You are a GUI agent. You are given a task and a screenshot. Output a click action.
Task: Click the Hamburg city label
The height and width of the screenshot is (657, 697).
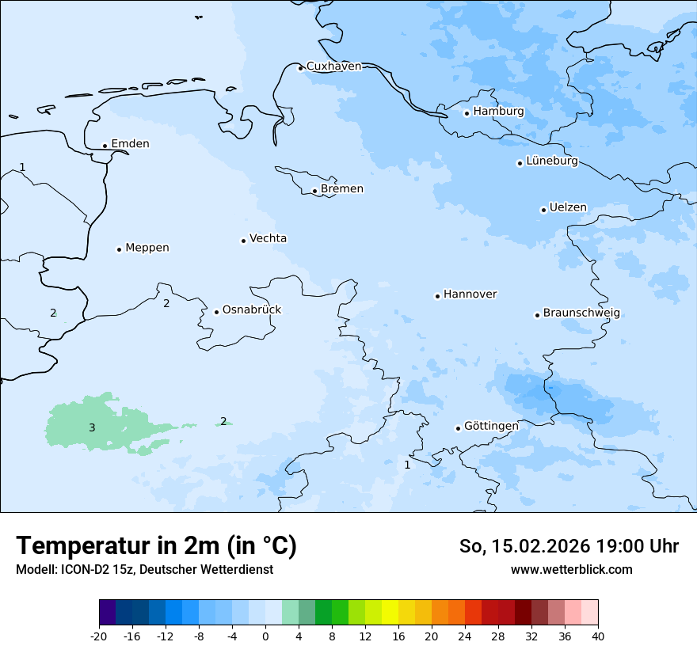coord(498,112)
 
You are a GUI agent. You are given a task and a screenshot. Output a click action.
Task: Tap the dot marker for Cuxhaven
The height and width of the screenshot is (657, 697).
coord(300,68)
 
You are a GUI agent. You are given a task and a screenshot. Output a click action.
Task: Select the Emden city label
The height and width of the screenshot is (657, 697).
coord(130,144)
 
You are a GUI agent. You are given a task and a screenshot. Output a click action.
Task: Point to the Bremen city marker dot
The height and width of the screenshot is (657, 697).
coord(314,191)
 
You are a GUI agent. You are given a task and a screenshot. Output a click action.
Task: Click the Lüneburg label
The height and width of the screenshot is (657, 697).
coord(551,161)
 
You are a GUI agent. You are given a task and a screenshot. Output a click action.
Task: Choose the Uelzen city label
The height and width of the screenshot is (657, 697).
coord(568,208)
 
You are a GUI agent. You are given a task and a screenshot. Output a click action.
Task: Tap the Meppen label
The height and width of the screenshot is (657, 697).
coord(147,248)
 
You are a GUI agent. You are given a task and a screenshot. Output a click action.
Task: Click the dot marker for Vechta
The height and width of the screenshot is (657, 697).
coord(243,241)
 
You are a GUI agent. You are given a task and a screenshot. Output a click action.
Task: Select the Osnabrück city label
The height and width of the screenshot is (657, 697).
coord(252,310)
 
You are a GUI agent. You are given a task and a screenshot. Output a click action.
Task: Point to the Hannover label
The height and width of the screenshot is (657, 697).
coord(470,294)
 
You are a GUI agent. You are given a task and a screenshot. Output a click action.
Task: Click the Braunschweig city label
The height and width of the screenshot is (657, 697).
coord(581,313)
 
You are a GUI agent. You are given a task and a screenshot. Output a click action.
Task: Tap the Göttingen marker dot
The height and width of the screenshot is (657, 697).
coord(458,428)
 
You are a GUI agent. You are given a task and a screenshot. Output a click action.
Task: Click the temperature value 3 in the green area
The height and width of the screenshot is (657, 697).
coord(92,428)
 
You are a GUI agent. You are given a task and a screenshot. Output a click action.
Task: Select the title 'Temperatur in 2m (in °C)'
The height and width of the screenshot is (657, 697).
coord(156,546)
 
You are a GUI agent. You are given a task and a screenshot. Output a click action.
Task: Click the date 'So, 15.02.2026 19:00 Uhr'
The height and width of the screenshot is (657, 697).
coord(569,546)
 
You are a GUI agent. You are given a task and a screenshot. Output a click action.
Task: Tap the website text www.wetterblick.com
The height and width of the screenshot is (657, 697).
coord(571,570)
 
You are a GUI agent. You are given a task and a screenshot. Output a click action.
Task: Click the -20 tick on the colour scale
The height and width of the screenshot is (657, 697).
coord(99,636)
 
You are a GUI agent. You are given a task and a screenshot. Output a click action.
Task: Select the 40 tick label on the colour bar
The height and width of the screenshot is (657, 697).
coord(598,636)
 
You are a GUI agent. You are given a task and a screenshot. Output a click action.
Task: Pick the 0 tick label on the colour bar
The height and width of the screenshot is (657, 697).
coord(265,636)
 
